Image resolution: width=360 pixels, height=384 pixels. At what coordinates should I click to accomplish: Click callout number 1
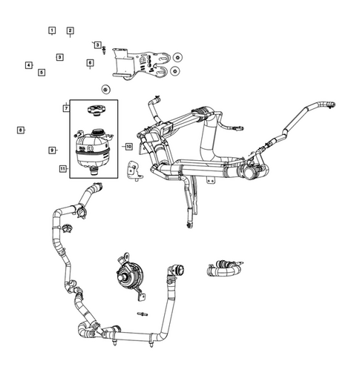[52, 30]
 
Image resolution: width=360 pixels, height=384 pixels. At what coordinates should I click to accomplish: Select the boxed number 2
[70, 30]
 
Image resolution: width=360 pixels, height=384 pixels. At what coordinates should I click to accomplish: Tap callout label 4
[29, 65]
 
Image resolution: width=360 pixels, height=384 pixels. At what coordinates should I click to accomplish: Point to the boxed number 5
[42, 73]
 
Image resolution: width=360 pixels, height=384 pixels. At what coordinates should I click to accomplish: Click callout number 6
[90, 63]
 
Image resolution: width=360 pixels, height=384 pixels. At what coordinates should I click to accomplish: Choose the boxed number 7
[66, 108]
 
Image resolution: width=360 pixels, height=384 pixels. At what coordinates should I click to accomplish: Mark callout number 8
[20, 130]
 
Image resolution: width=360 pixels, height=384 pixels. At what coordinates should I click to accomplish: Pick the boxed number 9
[52, 150]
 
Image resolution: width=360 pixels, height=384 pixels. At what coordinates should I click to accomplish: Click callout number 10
[128, 147]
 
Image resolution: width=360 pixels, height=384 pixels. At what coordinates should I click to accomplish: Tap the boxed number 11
[63, 169]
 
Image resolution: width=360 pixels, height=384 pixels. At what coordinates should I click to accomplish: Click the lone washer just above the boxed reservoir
[105, 90]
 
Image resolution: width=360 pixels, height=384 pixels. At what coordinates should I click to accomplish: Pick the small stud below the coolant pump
[140, 317]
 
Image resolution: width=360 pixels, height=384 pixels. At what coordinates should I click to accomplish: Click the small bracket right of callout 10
[135, 170]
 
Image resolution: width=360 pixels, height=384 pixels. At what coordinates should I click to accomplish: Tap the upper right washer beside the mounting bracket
[177, 56]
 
